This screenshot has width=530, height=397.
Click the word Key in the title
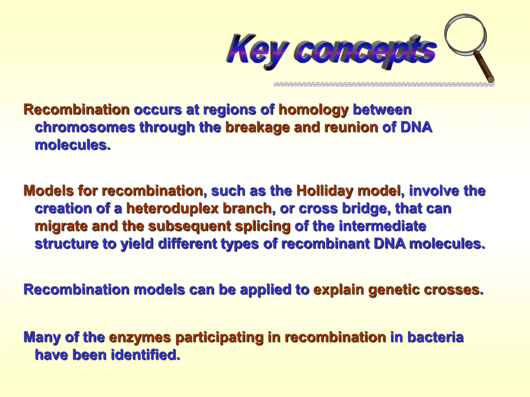pyautogui.click(x=256, y=50)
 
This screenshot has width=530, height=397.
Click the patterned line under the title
pyautogui.click(x=383, y=84)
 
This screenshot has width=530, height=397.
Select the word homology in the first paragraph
pyautogui.click(x=313, y=110)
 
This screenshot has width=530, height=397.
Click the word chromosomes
pyautogui.click(x=85, y=127)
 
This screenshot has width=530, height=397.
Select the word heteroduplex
pyautogui.click(x=172, y=209)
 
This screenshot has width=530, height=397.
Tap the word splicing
pyautogui.click(x=262, y=226)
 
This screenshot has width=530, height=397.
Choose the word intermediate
pyautogui.click(x=382, y=226)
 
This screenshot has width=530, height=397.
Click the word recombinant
pyautogui.click(x=325, y=244)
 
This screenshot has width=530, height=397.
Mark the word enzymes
pyautogui.click(x=140, y=337)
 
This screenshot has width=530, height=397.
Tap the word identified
pyautogui.click(x=145, y=355)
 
